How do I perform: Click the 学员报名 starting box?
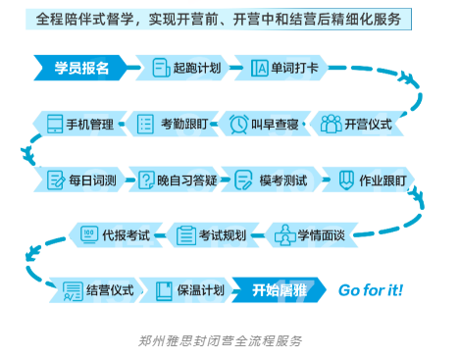pyautogui.click(x=82, y=68)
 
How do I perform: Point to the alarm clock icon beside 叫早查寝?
pyautogui.click(x=238, y=124)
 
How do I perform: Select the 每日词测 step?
pyautogui.click(x=81, y=180)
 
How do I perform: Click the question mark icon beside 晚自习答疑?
pyautogui.click(x=147, y=180)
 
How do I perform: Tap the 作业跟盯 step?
pyautogui.click(x=371, y=180)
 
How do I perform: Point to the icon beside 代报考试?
pyautogui.click(x=88, y=234)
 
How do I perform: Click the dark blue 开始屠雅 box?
pyautogui.click(x=280, y=290)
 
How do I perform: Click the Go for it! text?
pyautogui.click(x=370, y=290)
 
